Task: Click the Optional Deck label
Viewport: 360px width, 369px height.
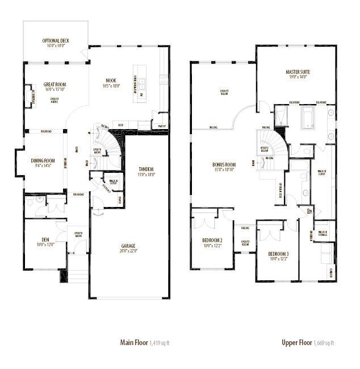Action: coord(55,41)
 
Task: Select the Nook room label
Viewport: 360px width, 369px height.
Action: coord(111,80)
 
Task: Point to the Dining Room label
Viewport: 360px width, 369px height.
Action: coord(43,161)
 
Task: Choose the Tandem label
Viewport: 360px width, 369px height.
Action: coord(146,169)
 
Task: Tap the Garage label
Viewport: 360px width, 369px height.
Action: coord(128,246)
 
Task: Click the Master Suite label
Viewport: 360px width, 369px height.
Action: coord(298,72)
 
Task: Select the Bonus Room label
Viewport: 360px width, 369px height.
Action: coord(224,164)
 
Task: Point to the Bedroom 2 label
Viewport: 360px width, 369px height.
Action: coord(212,241)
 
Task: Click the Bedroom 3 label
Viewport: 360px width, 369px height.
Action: coord(279,254)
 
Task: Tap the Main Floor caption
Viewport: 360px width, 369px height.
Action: coord(134,342)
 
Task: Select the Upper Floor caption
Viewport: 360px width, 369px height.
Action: coord(297,342)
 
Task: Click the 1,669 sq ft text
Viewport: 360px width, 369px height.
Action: coord(324,343)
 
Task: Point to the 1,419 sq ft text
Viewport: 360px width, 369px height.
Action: coord(160,343)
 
